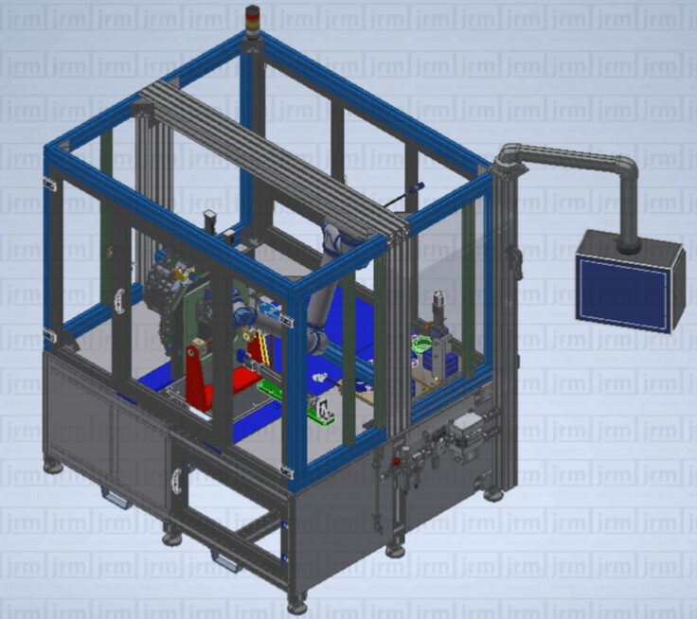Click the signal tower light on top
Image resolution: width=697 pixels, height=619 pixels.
pyautogui.click(x=252, y=22)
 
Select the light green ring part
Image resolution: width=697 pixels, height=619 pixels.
pyautogui.click(x=421, y=344)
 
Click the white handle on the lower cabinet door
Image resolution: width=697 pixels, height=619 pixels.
pyautogui.click(x=177, y=481)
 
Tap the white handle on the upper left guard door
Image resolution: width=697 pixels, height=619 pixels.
pyautogui.click(x=119, y=301)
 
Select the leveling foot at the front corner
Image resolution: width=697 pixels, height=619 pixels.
pyautogui.click(x=297, y=606)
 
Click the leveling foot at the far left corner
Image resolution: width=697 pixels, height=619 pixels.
pyautogui.click(x=53, y=467)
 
